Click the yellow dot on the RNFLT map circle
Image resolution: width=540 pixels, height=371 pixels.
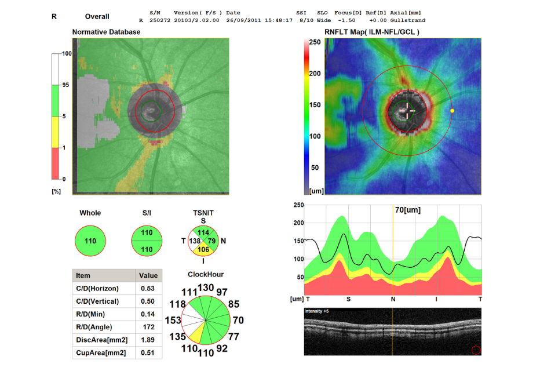[x=452, y=110]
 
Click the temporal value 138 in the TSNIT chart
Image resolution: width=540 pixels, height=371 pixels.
[x=195, y=240]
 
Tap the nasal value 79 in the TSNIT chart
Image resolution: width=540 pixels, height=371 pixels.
[x=212, y=240]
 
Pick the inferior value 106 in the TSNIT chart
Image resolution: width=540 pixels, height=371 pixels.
[x=203, y=250]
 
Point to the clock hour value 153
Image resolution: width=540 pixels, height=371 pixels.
[x=173, y=320]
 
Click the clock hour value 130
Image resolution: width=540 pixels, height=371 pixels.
[x=206, y=288]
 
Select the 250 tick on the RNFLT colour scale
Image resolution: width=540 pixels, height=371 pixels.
[x=315, y=42]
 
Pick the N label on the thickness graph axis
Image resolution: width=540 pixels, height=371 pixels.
[x=393, y=299]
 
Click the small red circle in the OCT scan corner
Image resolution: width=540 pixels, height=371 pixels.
[x=476, y=350]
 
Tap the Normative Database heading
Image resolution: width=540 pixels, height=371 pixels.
[x=106, y=32]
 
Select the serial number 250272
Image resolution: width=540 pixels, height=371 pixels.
[x=158, y=20]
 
